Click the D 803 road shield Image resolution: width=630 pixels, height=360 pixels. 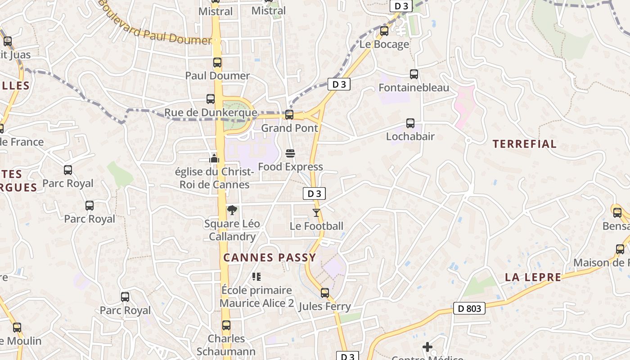(x=469, y=308)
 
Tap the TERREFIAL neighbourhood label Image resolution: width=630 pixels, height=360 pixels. (x=524, y=144)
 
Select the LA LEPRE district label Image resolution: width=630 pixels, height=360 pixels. (x=533, y=277)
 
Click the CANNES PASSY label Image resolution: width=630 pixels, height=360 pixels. (x=270, y=257)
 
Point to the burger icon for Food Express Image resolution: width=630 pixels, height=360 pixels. (x=290, y=154)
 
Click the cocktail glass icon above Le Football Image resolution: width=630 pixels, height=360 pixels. (x=316, y=213)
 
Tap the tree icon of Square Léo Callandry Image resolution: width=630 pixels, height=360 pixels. (x=232, y=210)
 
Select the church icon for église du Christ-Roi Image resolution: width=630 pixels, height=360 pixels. (x=214, y=158)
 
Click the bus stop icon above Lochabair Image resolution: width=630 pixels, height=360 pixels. (x=410, y=123)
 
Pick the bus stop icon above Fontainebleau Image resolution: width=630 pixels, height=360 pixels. (x=414, y=74)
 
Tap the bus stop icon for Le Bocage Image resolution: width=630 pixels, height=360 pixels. (x=384, y=31)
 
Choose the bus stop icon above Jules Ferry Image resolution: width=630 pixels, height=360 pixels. (x=325, y=293)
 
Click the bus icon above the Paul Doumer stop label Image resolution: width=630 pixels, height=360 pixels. (x=217, y=63)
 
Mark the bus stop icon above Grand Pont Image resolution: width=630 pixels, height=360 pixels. (x=289, y=115)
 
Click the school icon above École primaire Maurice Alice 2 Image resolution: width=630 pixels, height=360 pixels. (x=256, y=276)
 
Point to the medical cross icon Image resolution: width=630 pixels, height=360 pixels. (x=427, y=347)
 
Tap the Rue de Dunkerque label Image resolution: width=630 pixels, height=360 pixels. (x=211, y=112)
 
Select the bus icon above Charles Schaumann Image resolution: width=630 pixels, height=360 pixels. (x=226, y=325)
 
